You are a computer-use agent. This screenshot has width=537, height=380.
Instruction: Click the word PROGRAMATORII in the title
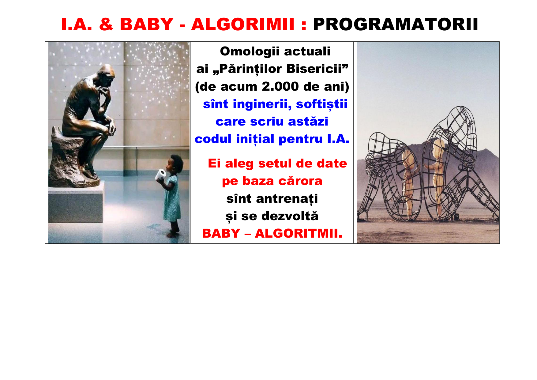[x=395, y=24]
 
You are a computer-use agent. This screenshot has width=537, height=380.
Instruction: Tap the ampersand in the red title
[x=106, y=24]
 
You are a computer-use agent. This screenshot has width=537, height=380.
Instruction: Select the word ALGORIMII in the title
[x=243, y=24]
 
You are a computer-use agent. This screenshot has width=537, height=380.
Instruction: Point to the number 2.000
[x=280, y=87]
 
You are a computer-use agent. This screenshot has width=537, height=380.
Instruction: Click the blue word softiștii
[x=321, y=104]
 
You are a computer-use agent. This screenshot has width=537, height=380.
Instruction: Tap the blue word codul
[x=213, y=139]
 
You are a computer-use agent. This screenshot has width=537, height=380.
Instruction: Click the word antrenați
[x=287, y=199]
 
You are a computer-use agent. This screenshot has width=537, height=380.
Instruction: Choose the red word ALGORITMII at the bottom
[x=298, y=234]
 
